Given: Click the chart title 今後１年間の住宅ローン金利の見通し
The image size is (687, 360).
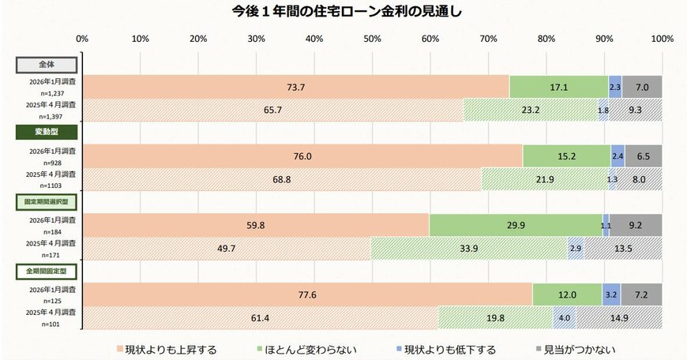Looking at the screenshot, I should point(343,12).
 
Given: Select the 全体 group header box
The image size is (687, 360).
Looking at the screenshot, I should point(47,64).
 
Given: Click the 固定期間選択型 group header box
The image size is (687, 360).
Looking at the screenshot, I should point(47,201).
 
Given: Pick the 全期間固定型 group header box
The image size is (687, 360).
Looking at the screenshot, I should point(47,271).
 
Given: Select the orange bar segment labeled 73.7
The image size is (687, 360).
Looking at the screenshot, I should point(296,87).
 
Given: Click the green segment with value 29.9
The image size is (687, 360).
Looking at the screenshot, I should point(516,225).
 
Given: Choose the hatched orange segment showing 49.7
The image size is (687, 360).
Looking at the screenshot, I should point(227,248).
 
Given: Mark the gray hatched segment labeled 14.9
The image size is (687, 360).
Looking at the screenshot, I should point(619,317).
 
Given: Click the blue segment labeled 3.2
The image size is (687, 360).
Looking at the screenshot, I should point(611,294).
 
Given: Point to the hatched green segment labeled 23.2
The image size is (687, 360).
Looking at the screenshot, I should point(530,110).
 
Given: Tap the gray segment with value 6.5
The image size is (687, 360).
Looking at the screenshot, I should point(644,156).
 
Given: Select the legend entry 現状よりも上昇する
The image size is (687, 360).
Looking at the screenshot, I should point(166,348).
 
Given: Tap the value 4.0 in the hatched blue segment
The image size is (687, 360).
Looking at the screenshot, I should point(564,317).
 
